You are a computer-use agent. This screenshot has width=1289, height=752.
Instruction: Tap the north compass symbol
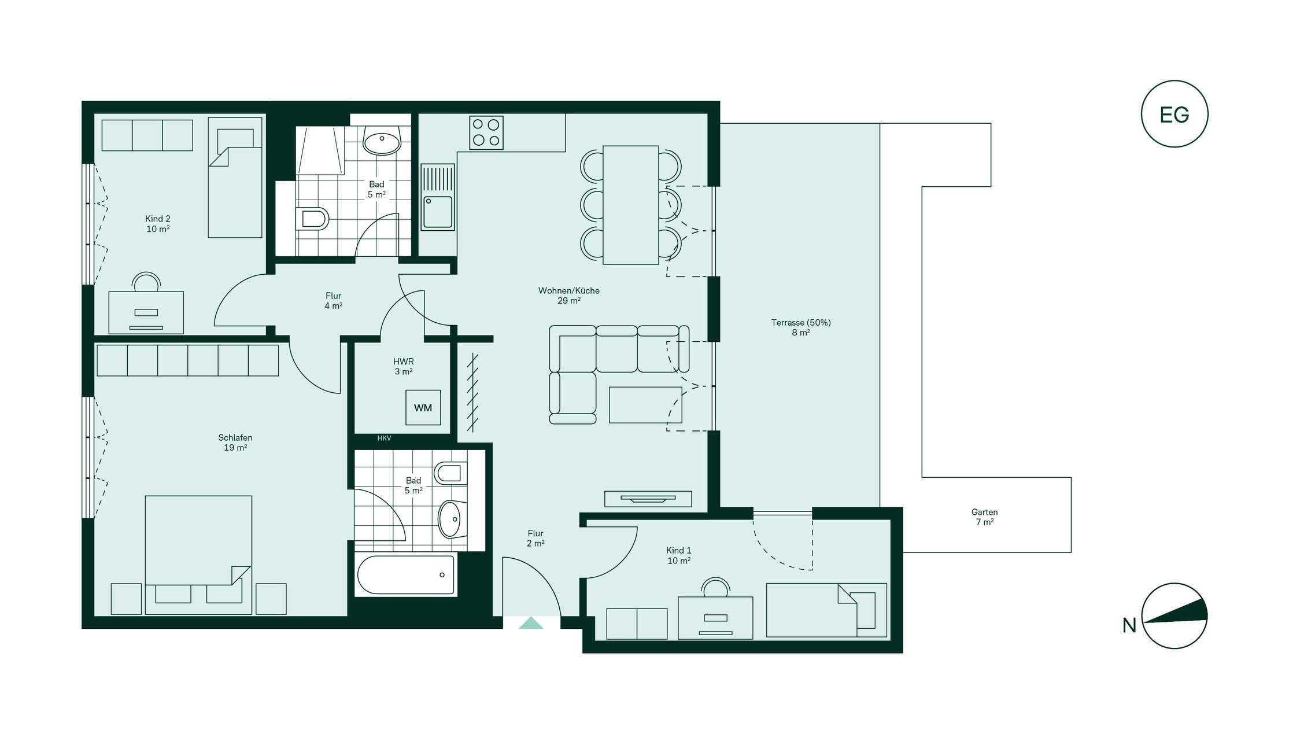(1174, 615)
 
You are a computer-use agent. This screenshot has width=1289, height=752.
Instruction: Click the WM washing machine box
(423, 407)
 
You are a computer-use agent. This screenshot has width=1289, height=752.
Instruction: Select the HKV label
(384, 438)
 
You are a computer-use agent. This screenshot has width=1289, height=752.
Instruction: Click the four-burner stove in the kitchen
(486, 132)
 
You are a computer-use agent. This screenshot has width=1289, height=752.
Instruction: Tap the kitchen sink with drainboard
(438, 197)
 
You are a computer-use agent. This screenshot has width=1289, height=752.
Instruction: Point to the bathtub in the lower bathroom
(406, 574)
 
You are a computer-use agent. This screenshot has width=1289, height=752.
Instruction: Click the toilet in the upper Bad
(312, 219)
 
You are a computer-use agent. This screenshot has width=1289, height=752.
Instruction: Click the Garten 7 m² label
(984, 517)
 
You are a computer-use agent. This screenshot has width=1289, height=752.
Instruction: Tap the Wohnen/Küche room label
(569, 295)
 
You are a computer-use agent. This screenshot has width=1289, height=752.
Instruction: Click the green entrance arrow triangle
(531, 622)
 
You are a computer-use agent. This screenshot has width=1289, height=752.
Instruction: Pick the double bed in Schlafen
(198, 554)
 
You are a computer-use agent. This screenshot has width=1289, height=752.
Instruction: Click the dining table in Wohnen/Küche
(630, 205)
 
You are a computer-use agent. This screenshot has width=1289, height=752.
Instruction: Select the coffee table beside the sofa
(645, 405)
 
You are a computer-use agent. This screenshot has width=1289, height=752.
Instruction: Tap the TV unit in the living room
(648, 499)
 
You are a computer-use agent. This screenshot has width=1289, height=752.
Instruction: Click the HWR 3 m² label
(404, 366)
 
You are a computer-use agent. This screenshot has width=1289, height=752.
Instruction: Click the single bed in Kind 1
(826, 610)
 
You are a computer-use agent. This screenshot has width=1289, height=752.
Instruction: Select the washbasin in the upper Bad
(382, 140)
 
